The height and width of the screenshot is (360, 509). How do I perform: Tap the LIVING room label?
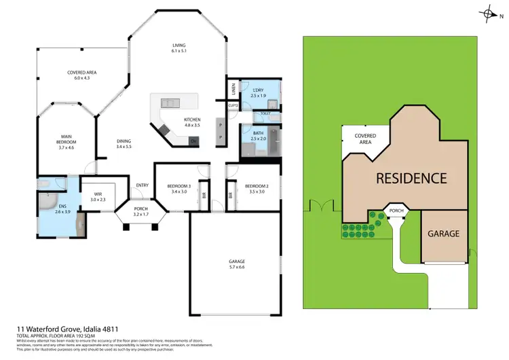click(x=178, y=48)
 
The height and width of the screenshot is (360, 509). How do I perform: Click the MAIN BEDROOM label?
click(x=65, y=143)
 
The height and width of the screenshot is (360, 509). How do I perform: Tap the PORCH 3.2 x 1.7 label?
click(x=140, y=212)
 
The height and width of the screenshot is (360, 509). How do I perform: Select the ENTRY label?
click(x=142, y=185)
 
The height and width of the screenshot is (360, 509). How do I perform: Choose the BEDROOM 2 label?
click(x=257, y=189)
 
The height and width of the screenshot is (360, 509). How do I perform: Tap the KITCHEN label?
click(x=192, y=122)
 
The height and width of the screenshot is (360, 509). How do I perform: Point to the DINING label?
click(x=124, y=143)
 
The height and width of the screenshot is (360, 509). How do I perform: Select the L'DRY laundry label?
click(x=257, y=93)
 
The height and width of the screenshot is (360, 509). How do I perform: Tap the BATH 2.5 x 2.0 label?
click(x=258, y=135)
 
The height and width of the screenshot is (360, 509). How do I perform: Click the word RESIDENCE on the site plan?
click(x=412, y=178)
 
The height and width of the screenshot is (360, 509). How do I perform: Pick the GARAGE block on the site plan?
click(x=443, y=234)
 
